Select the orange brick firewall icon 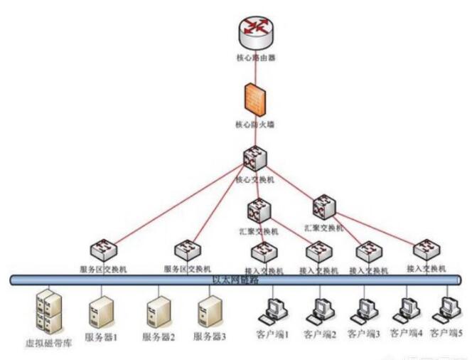[x=253, y=100]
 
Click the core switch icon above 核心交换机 [x=254, y=159]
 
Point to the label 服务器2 [x=159, y=337]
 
